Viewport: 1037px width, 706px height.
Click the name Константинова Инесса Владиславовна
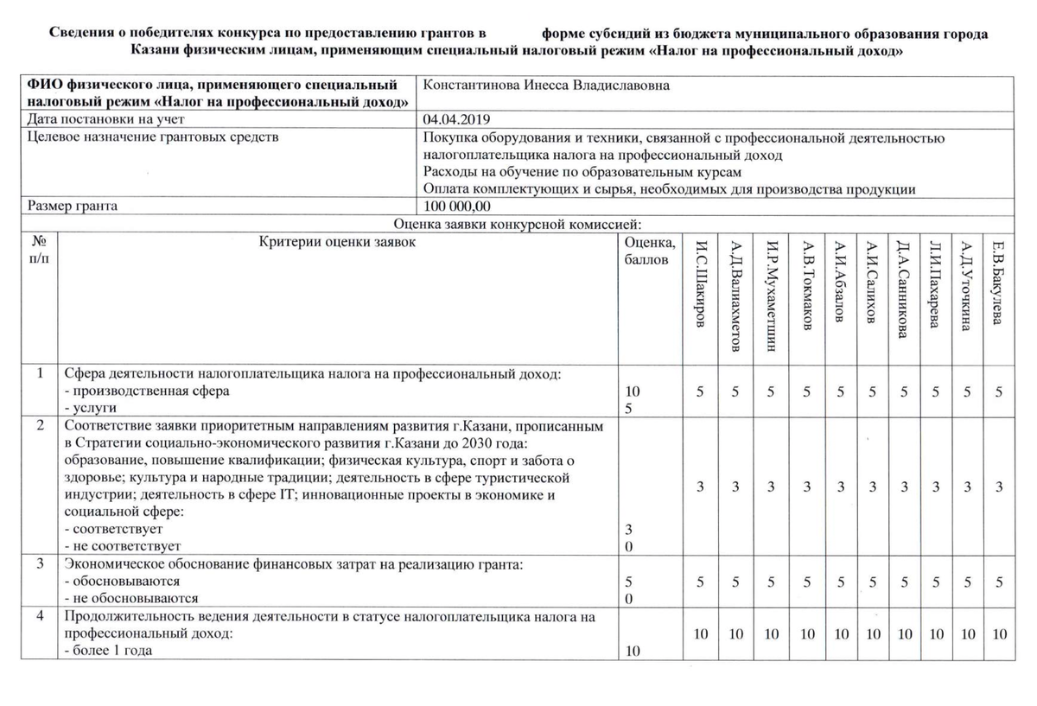(546, 86)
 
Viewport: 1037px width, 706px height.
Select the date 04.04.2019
(457, 119)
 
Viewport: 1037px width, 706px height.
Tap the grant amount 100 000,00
(457, 207)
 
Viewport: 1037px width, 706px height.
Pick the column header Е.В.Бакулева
(998, 281)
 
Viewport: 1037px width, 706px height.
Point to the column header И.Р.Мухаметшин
(772, 294)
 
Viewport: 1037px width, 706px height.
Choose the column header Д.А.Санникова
(903, 288)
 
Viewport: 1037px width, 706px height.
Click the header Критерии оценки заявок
(337, 242)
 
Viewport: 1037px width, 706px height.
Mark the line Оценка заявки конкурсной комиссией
(516, 224)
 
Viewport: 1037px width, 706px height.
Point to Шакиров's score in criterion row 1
(701, 391)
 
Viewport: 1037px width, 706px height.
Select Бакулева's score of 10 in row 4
(999, 634)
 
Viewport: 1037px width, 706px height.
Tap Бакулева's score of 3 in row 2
(999, 487)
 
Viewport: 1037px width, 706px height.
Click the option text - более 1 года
(109, 651)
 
